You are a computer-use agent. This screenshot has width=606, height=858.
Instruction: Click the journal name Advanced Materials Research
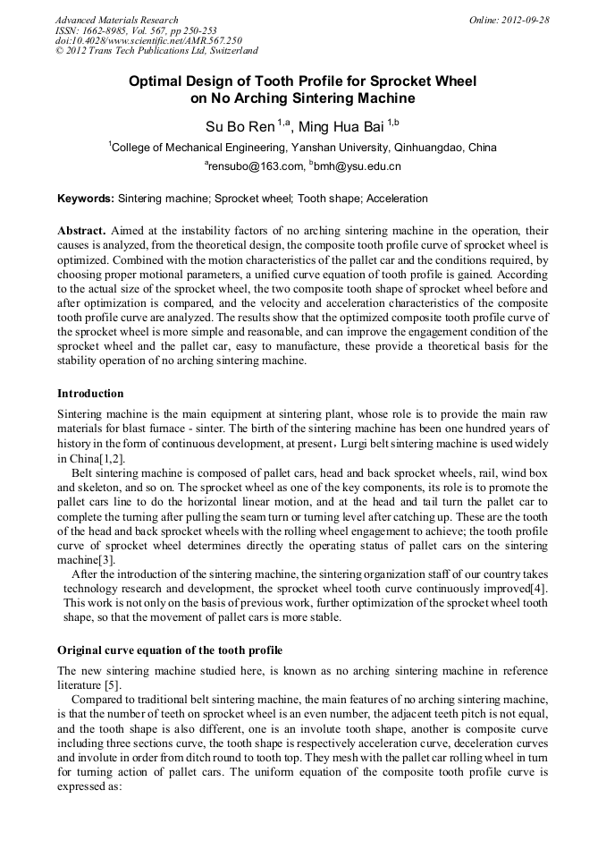(116, 20)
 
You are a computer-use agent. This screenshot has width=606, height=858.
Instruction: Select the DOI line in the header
(148, 41)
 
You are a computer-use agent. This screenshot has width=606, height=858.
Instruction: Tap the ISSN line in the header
(135, 30)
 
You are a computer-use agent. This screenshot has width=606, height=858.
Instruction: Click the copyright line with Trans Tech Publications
(156, 51)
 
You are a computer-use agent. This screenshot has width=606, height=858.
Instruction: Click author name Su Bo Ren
(240, 126)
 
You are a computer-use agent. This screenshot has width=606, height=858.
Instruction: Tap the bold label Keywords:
(86, 199)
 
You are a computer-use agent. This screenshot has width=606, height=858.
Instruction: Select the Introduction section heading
(90, 394)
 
